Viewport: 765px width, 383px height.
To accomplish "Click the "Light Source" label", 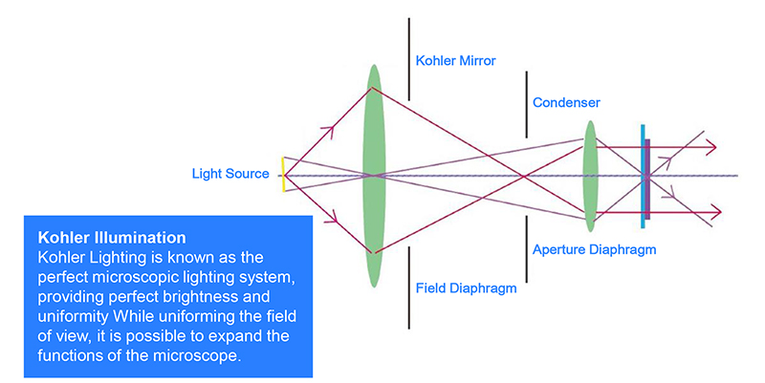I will click(x=229, y=174).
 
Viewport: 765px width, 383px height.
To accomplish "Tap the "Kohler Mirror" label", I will click(x=455, y=61).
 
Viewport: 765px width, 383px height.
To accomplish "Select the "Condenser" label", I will click(x=566, y=102).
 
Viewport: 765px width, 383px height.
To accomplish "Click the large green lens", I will click(x=373, y=174).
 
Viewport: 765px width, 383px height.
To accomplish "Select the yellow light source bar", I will click(x=283, y=174).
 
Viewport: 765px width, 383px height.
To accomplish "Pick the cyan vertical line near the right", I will click(x=642, y=176).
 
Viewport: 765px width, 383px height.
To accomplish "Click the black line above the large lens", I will click(x=409, y=57).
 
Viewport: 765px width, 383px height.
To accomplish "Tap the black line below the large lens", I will click(x=409, y=287).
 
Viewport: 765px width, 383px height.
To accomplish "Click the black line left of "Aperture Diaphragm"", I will click(x=525, y=245).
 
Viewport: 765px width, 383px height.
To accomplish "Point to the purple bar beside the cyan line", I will click(x=648, y=180).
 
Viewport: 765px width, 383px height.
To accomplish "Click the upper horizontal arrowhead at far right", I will click(x=709, y=147).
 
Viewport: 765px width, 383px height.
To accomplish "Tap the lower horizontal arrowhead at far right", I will click(x=709, y=204).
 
